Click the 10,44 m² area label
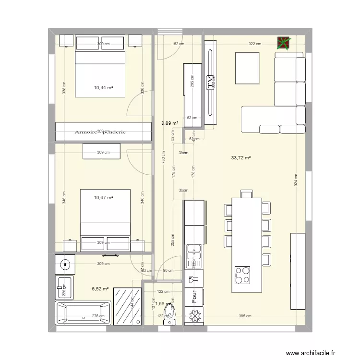[103, 88]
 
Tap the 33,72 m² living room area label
[241, 157]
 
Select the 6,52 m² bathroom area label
[100, 289]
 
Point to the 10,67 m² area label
[103, 197]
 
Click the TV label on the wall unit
[210, 82]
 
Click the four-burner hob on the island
[242, 276]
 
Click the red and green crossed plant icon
[284, 44]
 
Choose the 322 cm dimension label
[255, 44]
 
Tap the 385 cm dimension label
[245, 315]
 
